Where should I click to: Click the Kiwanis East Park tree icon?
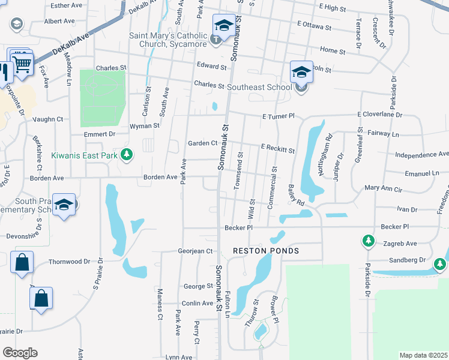click(126, 155)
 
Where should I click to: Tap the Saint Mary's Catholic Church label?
click(169, 40)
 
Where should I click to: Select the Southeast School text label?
click(259, 88)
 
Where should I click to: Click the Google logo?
click(20, 353)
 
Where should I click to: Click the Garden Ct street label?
click(202, 143)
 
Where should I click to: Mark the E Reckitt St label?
click(277, 148)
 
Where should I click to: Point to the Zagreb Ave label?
click(399, 244)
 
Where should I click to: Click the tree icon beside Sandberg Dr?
click(440, 264)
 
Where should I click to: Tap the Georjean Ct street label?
click(196, 251)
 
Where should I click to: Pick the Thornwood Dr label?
click(69, 262)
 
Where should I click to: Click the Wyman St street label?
click(145, 126)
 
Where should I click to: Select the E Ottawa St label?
click(314, 28)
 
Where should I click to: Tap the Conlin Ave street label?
click(197, 303)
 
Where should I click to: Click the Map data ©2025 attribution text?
click(423, 355)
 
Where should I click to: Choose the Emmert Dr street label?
click(99, 134)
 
